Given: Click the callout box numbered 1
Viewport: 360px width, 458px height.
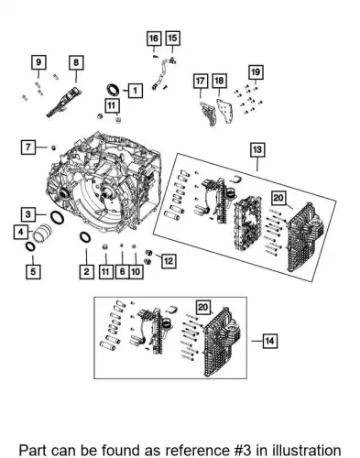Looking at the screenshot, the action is tap(136, 91).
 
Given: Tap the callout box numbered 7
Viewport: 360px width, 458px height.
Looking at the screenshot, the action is tap(28, 147).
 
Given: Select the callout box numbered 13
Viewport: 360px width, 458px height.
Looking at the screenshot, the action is tap(257, 150).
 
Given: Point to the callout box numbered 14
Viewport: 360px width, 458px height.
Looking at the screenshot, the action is tap(269, 341).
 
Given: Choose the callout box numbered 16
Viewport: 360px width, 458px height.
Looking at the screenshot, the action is tap(154, 38).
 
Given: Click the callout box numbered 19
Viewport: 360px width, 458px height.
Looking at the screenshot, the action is tap(256, 72).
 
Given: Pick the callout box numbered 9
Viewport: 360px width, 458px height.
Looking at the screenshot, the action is tap(38, 62).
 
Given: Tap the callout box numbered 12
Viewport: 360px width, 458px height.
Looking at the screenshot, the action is tap(169, 261).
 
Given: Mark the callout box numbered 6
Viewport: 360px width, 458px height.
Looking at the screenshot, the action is tap(122, 271).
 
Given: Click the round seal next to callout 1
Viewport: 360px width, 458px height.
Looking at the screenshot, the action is tap(114, 89).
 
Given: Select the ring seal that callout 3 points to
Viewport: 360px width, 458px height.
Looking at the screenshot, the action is tap(57, 217).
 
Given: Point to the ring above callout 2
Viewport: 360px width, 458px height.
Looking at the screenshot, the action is tap(85, 237).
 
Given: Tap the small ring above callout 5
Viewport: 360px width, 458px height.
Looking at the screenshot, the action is tap(30, 246).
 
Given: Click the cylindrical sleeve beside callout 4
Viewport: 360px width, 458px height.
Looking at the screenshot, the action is tap(43, 234).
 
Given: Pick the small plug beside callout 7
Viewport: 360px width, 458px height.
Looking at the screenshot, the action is tap(53, 148).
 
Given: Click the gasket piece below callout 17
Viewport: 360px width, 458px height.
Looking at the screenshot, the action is tap(207, 114).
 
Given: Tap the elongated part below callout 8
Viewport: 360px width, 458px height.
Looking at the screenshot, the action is tap(64, 103).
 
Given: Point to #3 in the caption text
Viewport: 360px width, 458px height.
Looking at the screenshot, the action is tap(241, 451).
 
